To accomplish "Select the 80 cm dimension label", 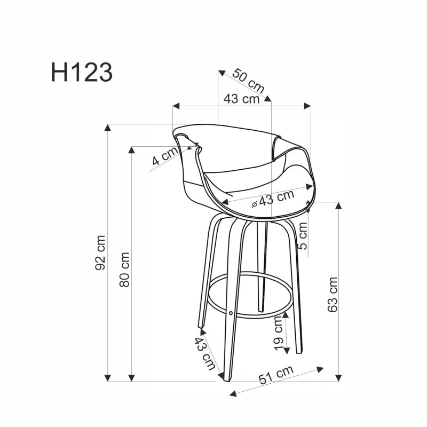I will pos(125,270).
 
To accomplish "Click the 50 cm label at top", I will pos(249,81).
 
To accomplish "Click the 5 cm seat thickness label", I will pos(303,239).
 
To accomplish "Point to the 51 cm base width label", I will pos(276,375).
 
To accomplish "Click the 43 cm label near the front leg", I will pos(205,353).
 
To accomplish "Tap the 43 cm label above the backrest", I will pos(241,99).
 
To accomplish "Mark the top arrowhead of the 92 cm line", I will pos(108,127).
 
